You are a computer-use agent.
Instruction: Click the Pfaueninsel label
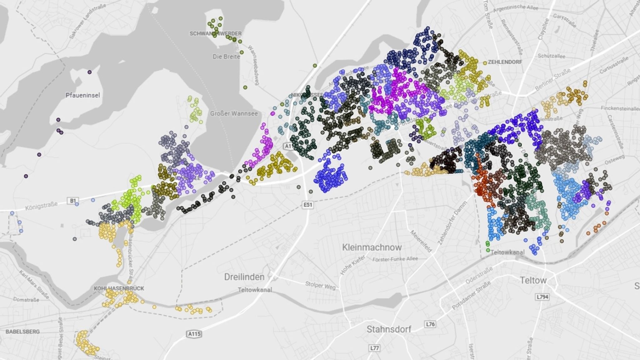pos(83,95)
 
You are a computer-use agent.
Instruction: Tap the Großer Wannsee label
pos(234,113)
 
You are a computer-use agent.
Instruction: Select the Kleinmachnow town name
pos(372,247)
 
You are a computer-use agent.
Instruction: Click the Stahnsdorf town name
pos(389,329)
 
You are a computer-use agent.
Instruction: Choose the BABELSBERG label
pos(22,332)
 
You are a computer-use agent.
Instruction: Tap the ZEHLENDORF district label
pos(505,62)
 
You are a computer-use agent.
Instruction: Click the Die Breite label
pos(227,57)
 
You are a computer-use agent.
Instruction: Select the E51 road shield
pos(308,205)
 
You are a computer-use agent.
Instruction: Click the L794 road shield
pos(542,297)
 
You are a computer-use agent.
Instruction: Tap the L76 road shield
pos(430,324)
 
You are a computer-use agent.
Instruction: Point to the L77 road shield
pos(374,348)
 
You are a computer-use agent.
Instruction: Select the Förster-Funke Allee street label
pos(395,259)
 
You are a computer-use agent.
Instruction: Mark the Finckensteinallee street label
pos(620,108)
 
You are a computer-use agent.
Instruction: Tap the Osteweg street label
pos(614,160)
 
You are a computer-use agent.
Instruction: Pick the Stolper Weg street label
pos(320,285)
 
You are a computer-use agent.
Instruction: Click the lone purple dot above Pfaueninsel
pos(90,72)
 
